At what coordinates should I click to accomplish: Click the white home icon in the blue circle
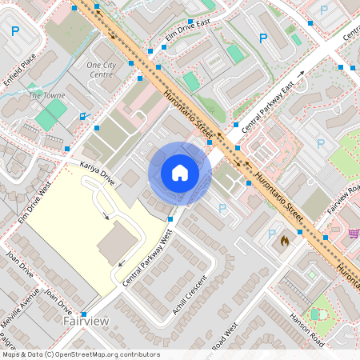(x=180, y=173)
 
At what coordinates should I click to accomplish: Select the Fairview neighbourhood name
(x=86, y=320)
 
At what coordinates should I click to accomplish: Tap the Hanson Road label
(x=307, y=329)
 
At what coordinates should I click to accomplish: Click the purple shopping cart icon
(x=353, y=233)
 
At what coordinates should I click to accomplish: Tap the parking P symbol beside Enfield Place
(x=15, y=32)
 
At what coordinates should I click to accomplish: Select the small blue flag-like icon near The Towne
(x=84, y=115)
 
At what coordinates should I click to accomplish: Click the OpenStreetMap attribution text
(x=80, y=354)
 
